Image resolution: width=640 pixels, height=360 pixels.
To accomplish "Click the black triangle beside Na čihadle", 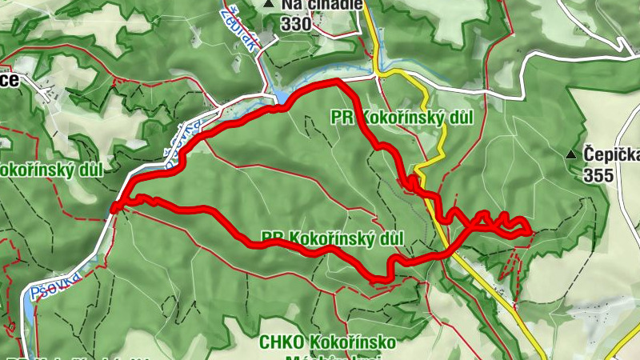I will click(x=269, y=5).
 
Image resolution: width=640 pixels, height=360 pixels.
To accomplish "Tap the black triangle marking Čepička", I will click(x=570, y=154).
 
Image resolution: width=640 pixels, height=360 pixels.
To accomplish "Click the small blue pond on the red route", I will click(x=282, y=98).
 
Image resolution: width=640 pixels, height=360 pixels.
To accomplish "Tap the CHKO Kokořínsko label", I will click(x=327, y=342).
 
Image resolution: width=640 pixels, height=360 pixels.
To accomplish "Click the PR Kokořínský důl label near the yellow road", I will click(x=402, y=118).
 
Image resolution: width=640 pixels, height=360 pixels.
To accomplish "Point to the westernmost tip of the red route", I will click(x=114, y=209).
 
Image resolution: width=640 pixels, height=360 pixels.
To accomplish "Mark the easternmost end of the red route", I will click(x=530, y=231).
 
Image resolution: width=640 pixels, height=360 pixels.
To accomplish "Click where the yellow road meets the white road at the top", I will click(x=376, y=76).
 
